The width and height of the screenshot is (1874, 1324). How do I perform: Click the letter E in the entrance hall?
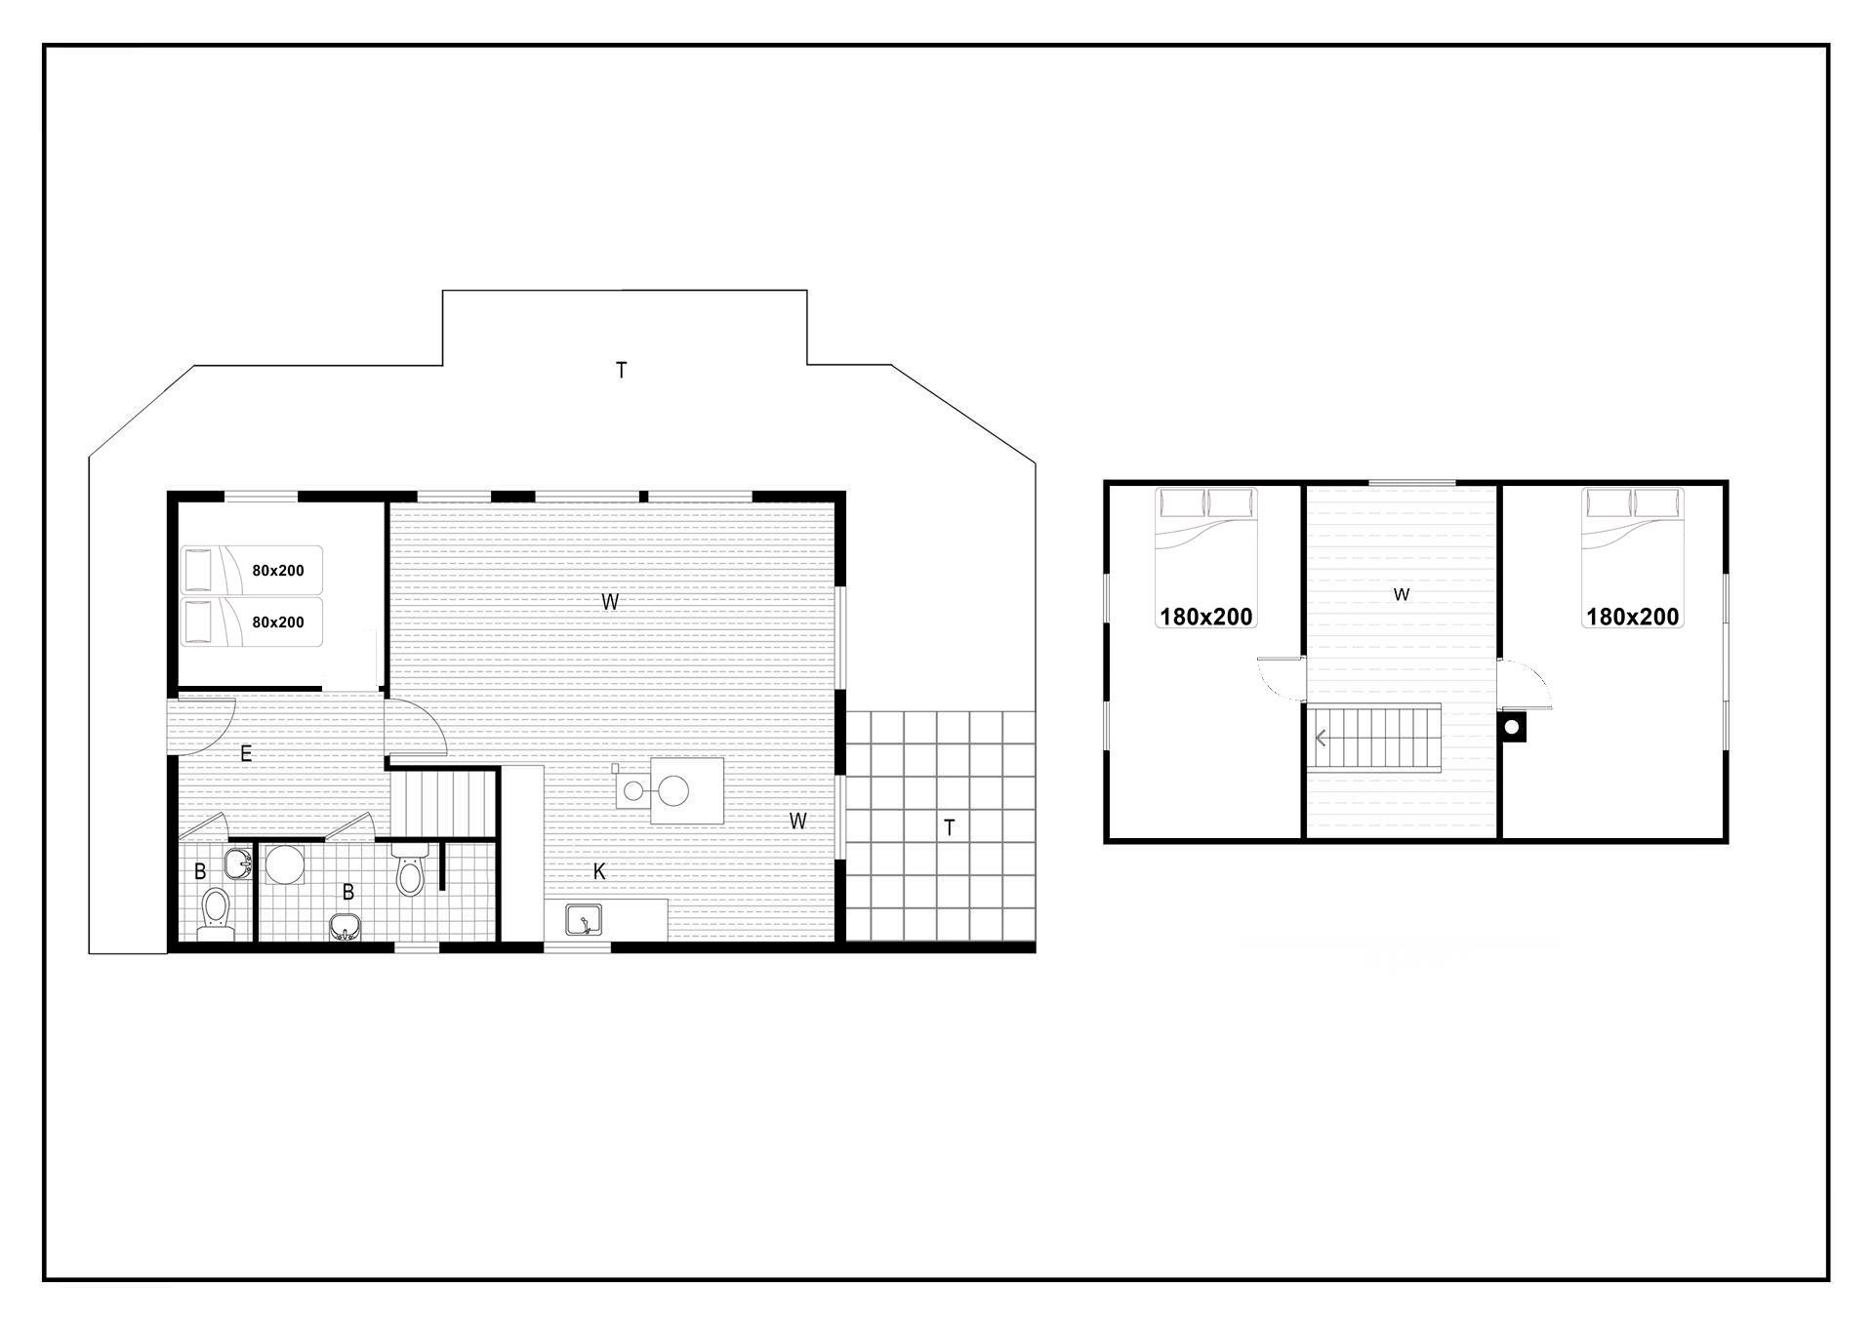246,753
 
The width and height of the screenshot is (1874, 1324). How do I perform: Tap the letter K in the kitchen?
599,871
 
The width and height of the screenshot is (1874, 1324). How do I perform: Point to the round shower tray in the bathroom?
286,864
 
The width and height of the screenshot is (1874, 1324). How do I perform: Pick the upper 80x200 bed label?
278,571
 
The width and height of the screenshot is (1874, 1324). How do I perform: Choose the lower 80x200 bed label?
278,622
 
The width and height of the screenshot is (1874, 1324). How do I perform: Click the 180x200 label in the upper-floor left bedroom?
1205,617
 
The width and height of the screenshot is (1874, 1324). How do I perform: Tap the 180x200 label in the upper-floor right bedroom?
1632,617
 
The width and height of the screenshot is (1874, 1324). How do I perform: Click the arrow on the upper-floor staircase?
1321,739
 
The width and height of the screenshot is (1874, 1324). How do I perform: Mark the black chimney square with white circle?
1512,727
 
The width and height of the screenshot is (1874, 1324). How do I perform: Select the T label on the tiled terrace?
949,828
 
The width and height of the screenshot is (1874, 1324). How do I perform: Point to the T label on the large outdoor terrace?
621,370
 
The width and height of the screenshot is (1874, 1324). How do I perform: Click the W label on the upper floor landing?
1402,594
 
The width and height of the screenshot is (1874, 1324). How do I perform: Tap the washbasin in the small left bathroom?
238,863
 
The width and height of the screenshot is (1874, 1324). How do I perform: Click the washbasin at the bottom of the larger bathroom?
345,927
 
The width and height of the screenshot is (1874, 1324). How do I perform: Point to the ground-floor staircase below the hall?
443,804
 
